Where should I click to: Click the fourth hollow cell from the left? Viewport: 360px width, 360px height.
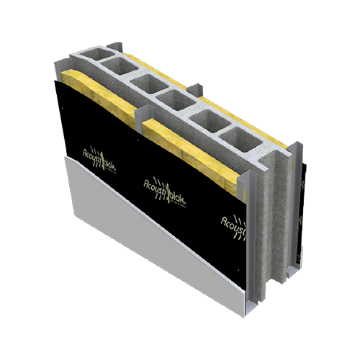pyautogui.click(x=177, y=102)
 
